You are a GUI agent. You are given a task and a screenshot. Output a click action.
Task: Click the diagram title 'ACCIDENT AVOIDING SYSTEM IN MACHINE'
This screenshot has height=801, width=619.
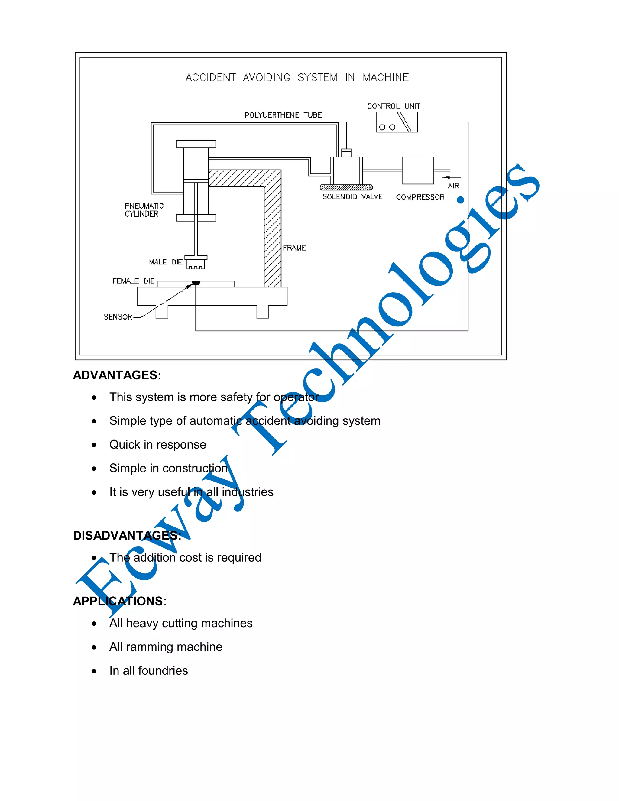[297, 77]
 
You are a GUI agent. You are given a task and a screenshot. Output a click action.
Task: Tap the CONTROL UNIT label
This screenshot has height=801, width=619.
[394, 106]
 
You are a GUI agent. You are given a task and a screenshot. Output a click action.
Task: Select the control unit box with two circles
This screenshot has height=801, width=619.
[397, 122]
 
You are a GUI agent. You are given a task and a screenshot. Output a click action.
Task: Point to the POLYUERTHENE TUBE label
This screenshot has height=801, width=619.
[283, 115]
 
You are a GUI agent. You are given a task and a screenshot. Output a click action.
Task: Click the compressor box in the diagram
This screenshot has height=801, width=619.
[418, 170]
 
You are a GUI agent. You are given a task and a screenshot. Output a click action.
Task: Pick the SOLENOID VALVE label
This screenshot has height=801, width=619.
[352, 197]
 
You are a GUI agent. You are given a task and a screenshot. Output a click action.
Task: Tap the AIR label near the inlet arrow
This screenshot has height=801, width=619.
[453, 186]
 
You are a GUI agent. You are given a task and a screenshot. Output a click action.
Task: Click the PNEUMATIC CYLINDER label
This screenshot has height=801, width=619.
[144, 210]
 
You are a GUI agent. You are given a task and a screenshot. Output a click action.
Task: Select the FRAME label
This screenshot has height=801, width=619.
[294, 248]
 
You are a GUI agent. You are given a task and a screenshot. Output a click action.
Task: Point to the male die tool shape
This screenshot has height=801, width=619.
[196, 263]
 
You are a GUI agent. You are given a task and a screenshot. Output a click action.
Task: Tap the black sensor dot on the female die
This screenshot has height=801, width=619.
[196, 283]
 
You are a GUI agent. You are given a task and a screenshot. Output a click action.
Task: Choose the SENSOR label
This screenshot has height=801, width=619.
[118, 317]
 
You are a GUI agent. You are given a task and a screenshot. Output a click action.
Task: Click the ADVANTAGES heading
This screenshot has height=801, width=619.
[117, 375]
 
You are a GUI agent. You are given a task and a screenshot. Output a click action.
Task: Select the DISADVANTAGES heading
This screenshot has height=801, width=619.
[127, 536]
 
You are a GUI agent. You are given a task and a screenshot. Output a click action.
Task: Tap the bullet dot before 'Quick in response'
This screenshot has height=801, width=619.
[94, 445]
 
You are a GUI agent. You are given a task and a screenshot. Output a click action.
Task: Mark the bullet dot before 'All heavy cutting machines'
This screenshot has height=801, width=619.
[94, 624]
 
